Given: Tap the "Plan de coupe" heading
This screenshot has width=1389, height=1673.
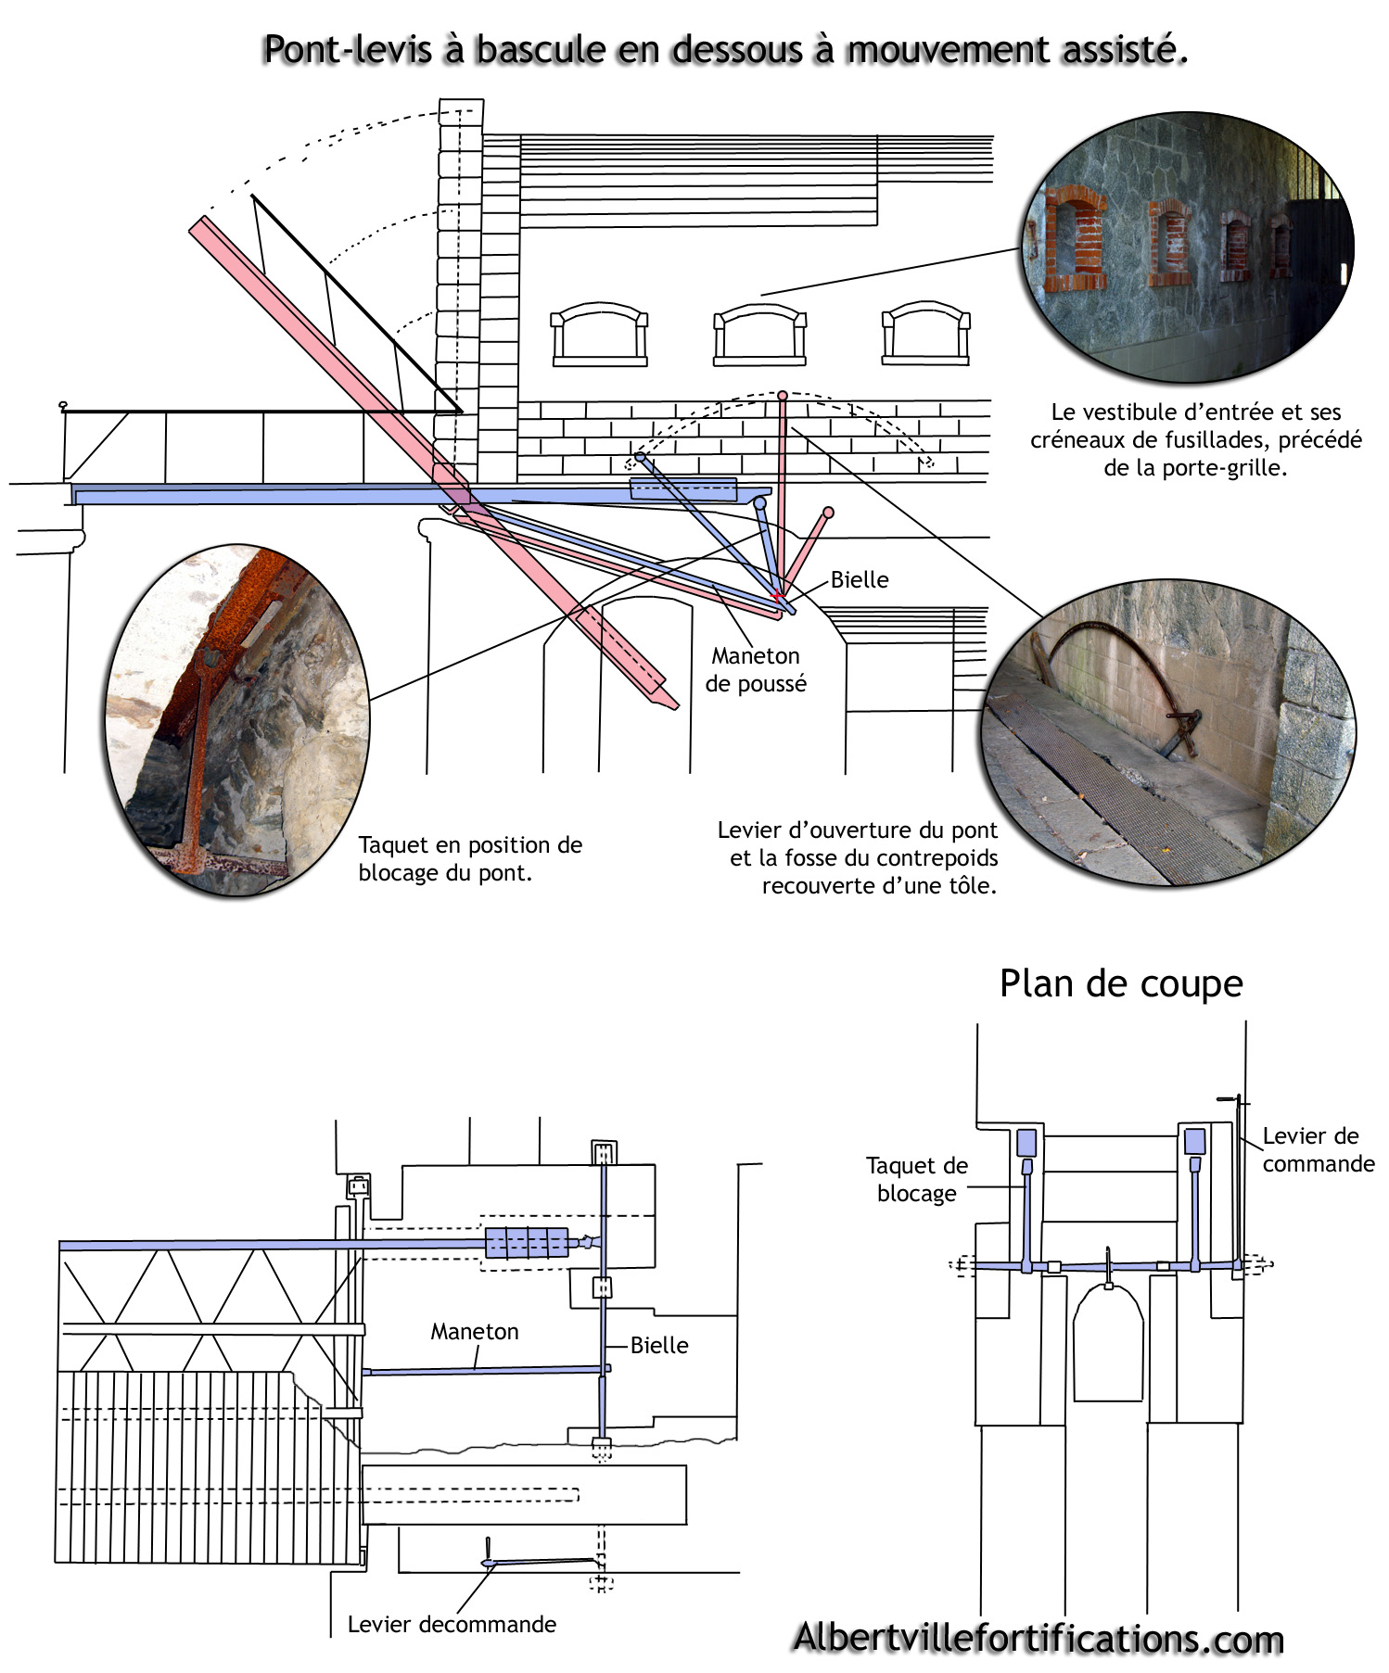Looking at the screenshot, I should click(x=1120, y=983).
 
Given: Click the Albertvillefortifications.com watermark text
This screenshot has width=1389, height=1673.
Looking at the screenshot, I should click(x=1039, y=1638).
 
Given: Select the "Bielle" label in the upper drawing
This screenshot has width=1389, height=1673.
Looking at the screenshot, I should click(x=860, y=580).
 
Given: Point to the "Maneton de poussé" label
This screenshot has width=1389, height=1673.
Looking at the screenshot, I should click(x=756, y=669).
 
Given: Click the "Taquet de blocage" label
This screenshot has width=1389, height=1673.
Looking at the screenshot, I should click(x=916, y=1179).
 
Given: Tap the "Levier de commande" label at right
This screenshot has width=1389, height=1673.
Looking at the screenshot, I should click(x=1317, y=1149).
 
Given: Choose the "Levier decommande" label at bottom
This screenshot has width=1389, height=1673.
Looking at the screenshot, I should click(x=452, y=1624).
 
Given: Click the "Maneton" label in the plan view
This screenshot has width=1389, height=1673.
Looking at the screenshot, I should click(x=475, y=1331).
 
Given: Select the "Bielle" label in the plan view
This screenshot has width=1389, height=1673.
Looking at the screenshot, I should click(x=659, y=1345).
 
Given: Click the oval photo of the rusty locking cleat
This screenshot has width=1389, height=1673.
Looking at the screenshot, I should click(x=238, y=719).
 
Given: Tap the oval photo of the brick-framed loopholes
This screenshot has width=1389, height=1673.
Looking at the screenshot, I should click(x=1188, y=247).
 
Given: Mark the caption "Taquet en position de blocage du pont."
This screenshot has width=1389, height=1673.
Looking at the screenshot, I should click(x=470, y=858).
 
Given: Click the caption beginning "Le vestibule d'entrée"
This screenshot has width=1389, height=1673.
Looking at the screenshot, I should click(x=1195, y=439).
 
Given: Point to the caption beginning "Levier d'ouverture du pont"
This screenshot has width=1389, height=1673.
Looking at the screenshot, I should click(x=858, y=857).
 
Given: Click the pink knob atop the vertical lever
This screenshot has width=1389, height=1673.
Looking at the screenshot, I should click(x=783, y=396).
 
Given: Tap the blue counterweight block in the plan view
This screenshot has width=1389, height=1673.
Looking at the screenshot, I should click(x=527, y=1242).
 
